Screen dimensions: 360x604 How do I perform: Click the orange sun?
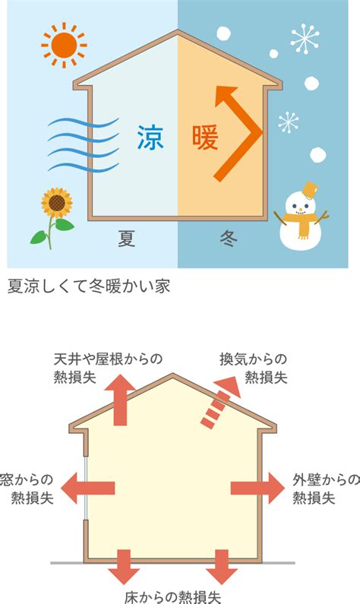64,45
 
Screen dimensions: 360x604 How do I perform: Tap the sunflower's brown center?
57,202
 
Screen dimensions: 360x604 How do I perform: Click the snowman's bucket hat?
311,190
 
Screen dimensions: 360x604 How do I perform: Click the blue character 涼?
150,138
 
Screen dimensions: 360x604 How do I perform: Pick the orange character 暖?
205,138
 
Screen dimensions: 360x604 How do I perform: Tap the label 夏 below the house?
127,238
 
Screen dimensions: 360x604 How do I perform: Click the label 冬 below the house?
229,238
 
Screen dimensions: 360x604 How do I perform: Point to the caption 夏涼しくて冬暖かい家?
89,286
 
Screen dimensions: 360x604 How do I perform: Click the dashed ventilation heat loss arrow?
220,403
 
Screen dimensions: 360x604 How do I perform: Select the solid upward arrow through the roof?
121,400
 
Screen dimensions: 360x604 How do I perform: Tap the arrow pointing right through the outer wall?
257,488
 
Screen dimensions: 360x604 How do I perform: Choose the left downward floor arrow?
124,567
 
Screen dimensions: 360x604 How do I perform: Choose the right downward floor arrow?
221,567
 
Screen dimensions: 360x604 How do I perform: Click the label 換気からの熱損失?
254,368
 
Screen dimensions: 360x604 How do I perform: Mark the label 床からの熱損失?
173,596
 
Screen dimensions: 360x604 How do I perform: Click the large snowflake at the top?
305,38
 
